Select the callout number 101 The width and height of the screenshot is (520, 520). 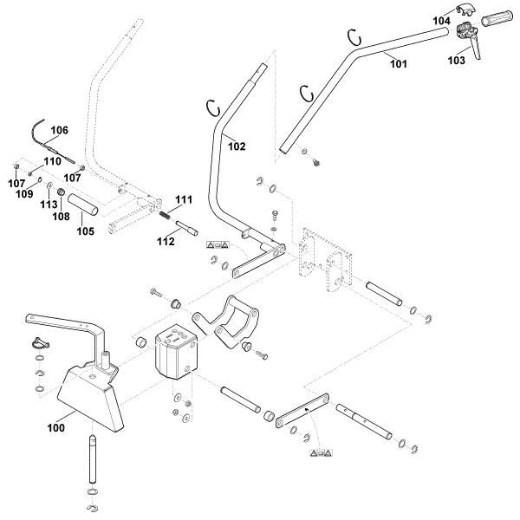(398, 62)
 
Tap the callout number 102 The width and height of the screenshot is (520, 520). (237, 146)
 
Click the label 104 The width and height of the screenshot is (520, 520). (442, 19)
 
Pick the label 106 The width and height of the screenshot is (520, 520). (59, 131)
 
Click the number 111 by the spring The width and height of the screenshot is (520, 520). (183, 199)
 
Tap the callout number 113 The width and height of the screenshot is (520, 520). (49, 205)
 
